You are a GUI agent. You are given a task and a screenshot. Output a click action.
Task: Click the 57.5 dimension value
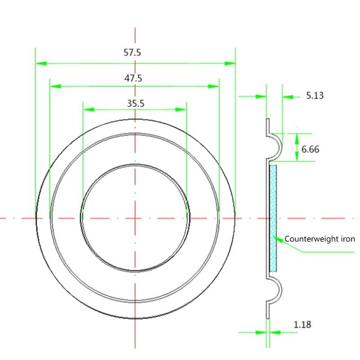(133, 52)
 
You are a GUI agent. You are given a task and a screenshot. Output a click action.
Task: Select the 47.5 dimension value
(134, 78)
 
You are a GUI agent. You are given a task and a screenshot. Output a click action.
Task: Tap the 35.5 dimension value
(135, 103)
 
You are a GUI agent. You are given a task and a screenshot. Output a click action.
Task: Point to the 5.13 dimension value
(315, 95)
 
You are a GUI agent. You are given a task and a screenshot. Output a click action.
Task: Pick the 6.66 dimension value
(310, 149)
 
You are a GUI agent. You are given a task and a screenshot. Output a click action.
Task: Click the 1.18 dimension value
(302, 324)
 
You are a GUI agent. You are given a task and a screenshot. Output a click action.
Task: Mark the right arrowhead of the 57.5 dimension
(229, 64)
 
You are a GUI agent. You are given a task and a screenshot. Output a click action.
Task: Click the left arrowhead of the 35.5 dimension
(88, 109)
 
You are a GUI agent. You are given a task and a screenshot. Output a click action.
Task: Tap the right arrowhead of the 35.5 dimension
(181, 109)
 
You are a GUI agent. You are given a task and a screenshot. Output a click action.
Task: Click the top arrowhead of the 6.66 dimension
(297, 137)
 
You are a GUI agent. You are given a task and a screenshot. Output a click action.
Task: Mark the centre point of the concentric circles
(135, 218)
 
